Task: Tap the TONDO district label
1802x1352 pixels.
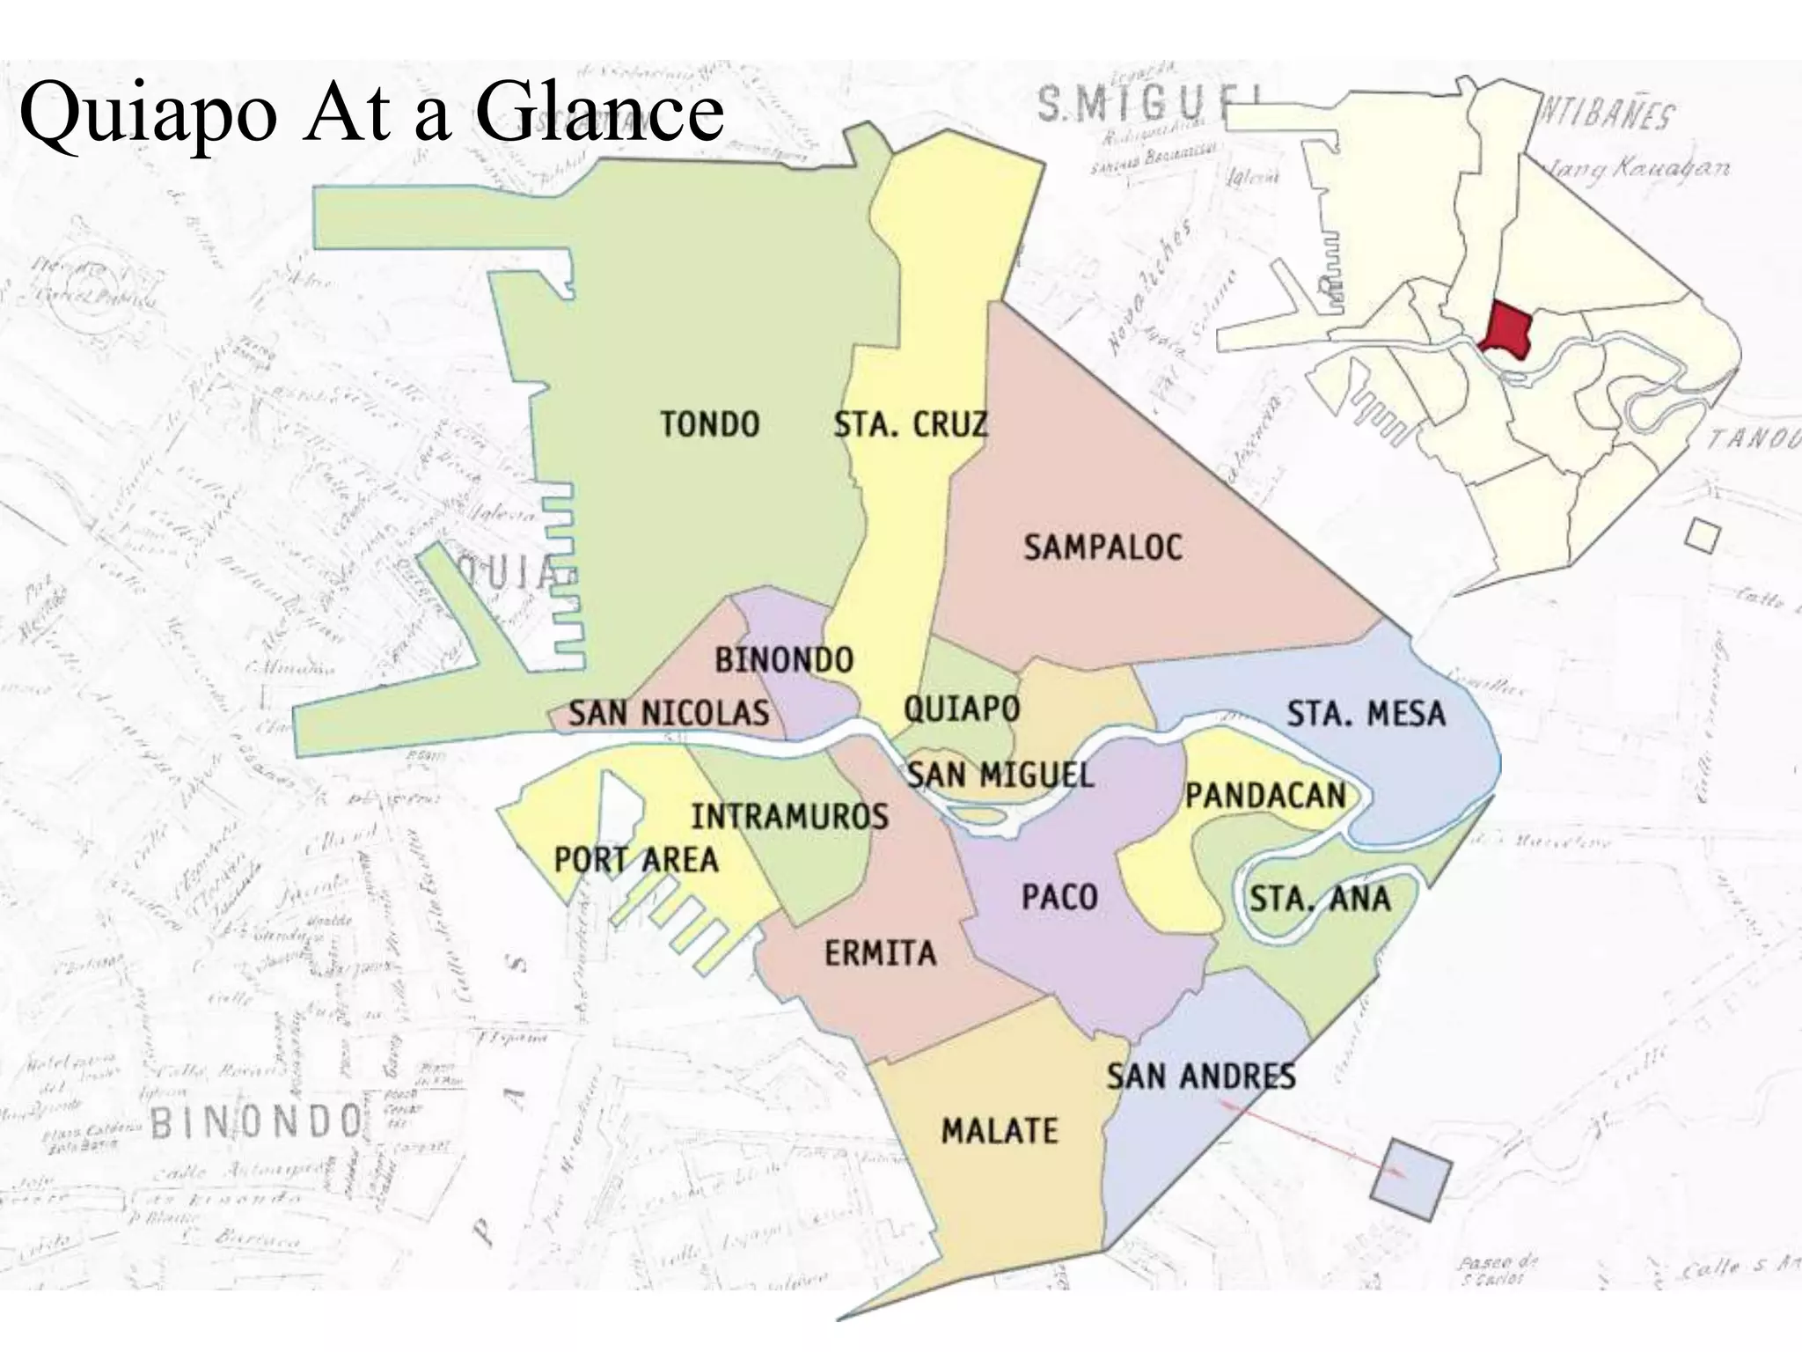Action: pyautogui.click(x=710, y=424)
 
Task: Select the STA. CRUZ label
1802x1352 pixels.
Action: pyautogui.click(x=911, y=424)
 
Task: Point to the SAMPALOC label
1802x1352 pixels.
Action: pyautogui.click(x=1102, y=547)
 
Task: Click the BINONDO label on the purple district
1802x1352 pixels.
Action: pyautogui.click(x=783, y=659)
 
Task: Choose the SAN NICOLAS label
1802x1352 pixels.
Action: pyautogui.click(x=668, y=712)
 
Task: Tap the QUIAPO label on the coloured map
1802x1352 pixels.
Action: pyautogui.click(x=962, y=708)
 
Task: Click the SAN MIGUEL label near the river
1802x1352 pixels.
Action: pyautogui.click(x=1000, y=775)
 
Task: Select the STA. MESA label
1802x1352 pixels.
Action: pyautogui.click(x=1366, y=713)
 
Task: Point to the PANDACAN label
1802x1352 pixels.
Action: pyautogui.click(x=1265, y=796)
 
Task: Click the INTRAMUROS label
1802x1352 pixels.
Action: pyautogui.click(x=789, y=817)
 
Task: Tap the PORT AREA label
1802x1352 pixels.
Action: pyautogui.click(x=636, y=859)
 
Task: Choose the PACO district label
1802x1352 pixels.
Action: pyautogui.click(x=1059, y=898)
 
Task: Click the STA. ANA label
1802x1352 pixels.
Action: pyautogui.click(x=1320, y=899)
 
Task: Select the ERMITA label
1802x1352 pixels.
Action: pyautogui.click(x=880, y=953)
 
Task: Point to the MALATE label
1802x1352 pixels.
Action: pyautogui.click(x=1000, y=1130)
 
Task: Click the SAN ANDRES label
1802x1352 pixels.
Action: pyautogui.click(x=1200, y=1076)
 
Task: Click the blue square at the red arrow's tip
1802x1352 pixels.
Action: pyautogui.click(x=1410, y=1179)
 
